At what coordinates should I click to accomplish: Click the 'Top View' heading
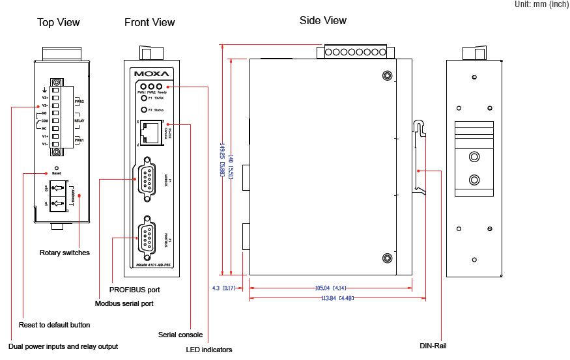click(x=59, y=23)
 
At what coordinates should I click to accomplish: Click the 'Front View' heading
click(x=150, y=23)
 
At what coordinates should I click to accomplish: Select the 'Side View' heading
click(x=323, y=20)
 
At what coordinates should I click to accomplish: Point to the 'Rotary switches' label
click(x=64, y=253)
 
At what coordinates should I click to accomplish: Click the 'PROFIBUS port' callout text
click(x=135, y=289)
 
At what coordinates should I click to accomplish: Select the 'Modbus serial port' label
click(x=124, y=303)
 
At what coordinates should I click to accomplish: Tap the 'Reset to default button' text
click(x=54, y=324)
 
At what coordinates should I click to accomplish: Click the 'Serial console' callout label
click(x=180, y=335)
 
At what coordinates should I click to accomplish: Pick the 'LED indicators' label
click(x=210, y=350)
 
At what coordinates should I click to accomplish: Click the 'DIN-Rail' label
click(x=433, y=346)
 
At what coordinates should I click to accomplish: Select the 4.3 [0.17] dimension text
click(x=224, y=288)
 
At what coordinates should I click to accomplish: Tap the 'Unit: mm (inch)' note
click(x=541, y=5)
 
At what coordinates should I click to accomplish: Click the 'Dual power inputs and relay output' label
click(x=64, y=346)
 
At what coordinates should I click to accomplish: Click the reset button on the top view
click(x=57, y=168)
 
